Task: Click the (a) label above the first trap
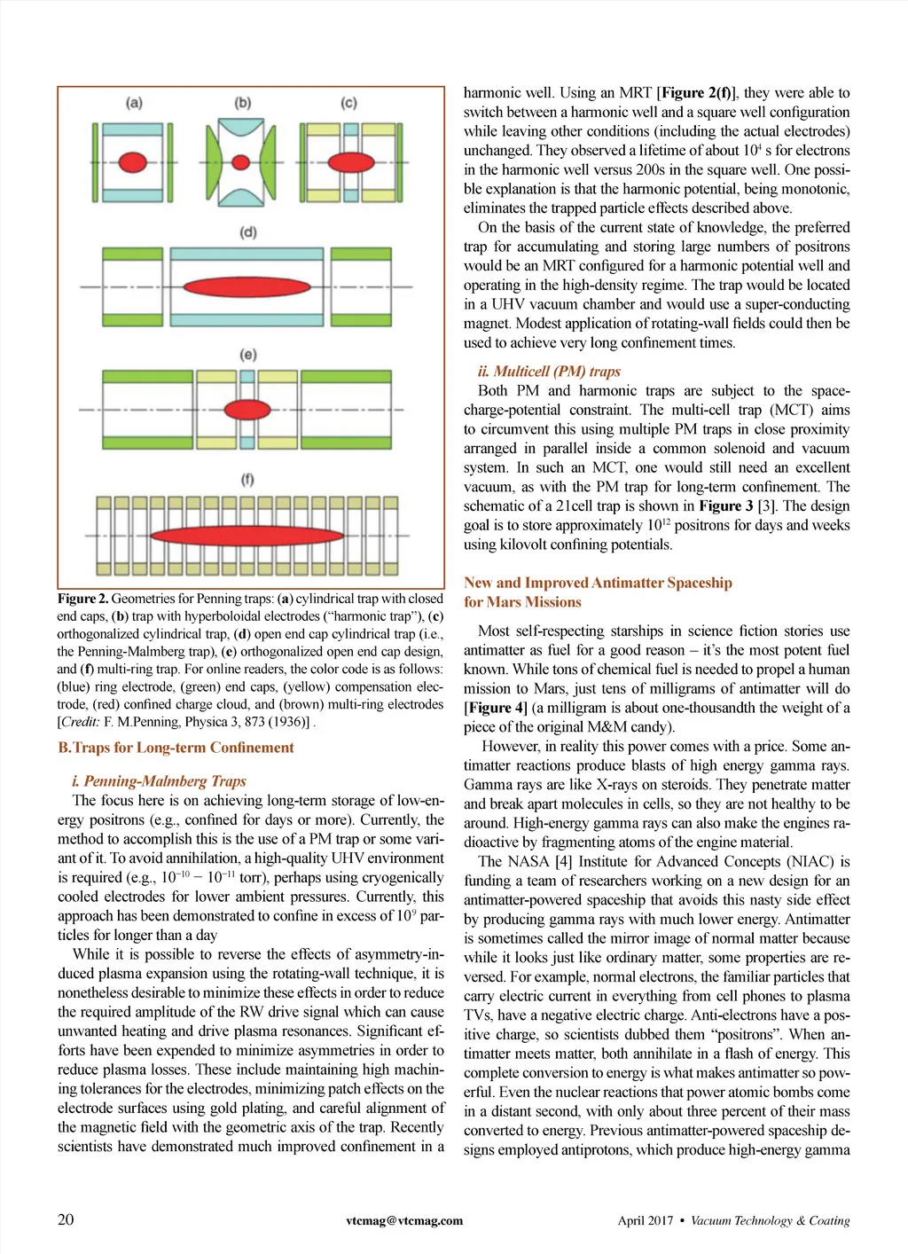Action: pos(134,103)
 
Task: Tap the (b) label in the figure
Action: pos(242,103)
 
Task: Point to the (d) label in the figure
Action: pos(247,232)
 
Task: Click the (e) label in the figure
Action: pos(247,355)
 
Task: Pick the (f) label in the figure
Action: pos(247,480)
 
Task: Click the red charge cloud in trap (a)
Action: pos(133,163)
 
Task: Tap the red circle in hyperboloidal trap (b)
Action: pos(241,163)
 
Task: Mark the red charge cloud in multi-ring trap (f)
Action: pos(247,535)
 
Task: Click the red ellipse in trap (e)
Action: pos(247,410)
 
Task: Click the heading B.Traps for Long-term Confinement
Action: pos(176,748)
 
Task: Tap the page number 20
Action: pos(66,1219)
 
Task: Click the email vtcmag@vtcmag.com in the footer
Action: pos(404,1220)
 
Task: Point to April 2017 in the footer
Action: pos(646,1220)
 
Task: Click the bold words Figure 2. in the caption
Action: pos(82,600)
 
